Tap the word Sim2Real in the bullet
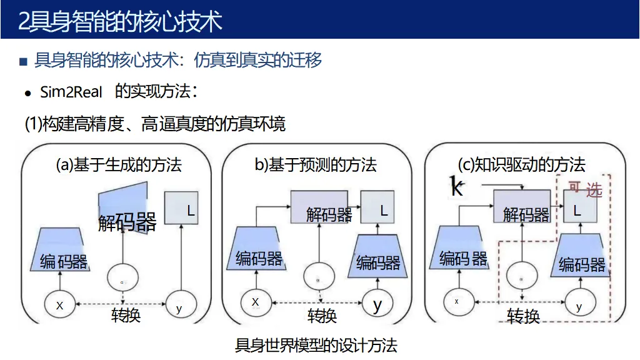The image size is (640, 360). tap(71, 92)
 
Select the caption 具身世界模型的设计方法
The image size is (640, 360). tap(316, 345)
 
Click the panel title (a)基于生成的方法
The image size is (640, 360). tap(119, 165)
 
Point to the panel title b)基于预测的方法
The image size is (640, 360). tap(316, 165)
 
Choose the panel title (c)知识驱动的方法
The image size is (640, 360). tap(521, 165)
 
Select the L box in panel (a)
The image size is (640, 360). tap(182, 208)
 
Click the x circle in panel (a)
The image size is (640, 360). tap(60, 306)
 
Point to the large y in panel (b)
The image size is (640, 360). tap(377, 306)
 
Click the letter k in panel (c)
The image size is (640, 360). tap(457, 186)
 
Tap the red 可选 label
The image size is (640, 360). tap(585, 188)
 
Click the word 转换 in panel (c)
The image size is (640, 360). tap(523, 316)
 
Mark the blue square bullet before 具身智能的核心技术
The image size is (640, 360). tap(24, 61)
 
